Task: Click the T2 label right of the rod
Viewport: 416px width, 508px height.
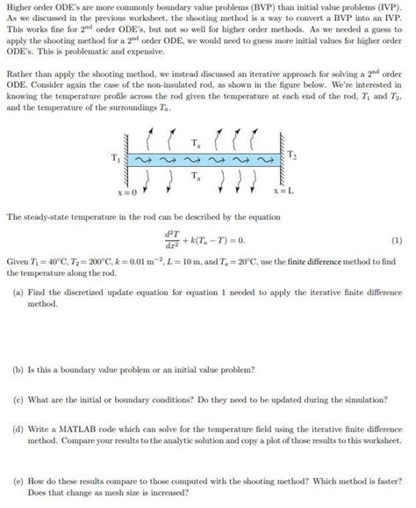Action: tap(292, 155)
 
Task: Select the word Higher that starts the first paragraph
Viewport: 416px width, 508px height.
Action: tap(18, 8)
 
